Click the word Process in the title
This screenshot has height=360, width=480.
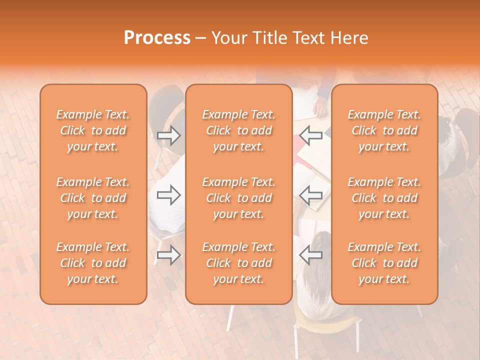(157, 38)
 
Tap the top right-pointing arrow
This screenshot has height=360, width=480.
(168, 135)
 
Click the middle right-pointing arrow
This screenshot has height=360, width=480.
(168, 195)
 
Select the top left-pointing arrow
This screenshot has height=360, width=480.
(311, 135)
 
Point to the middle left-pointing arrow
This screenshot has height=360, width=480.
(311, 195)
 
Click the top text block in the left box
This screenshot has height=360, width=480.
(93, 130)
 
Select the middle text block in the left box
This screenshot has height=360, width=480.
(93, 198)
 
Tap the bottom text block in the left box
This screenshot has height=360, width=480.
(93, 263)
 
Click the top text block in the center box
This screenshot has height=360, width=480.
(238, 130)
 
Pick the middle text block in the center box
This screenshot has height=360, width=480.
(238, 198)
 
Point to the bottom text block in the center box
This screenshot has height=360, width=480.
(238, 263)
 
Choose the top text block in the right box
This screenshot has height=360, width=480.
(384, 130)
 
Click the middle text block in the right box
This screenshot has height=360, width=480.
(384, 198)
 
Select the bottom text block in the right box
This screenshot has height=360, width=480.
(384, 263)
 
